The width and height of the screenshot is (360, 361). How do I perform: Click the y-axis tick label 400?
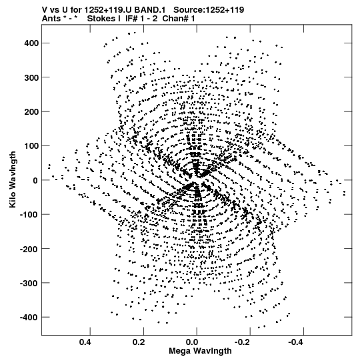31,43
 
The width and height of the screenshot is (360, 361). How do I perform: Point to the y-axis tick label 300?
31,77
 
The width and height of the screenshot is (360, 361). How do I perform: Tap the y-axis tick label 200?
31,112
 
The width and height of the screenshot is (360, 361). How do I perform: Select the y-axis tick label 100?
31,146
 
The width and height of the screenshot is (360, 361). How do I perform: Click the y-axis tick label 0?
35,180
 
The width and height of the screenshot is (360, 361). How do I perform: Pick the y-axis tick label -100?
29,215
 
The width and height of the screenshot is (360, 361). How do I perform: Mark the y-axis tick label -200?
29,249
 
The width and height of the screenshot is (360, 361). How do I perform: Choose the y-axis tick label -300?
29,284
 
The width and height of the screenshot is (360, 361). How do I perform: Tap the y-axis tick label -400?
29,318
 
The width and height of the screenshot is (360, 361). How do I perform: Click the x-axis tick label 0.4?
86,342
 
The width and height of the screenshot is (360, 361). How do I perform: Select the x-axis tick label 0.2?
139,342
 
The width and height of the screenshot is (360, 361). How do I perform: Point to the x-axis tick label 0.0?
193,342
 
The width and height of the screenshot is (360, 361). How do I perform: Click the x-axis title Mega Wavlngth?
200,351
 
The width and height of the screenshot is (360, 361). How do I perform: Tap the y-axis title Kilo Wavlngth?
13,179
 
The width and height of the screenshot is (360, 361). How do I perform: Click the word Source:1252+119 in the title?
209,10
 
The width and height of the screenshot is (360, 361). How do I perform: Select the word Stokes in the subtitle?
104,19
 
